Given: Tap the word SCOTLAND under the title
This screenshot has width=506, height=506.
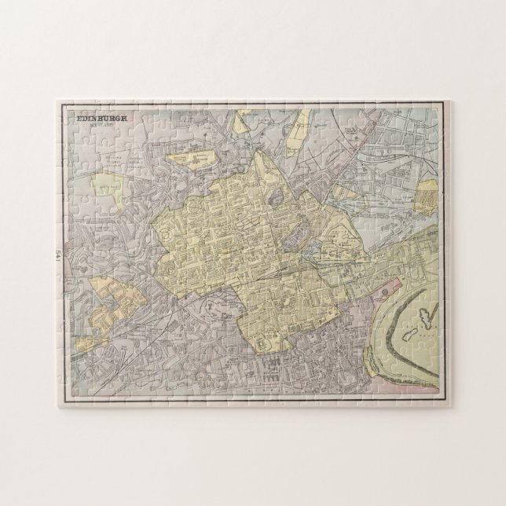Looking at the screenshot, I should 103,125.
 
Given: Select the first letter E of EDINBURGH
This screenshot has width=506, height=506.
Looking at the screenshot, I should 79,117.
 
